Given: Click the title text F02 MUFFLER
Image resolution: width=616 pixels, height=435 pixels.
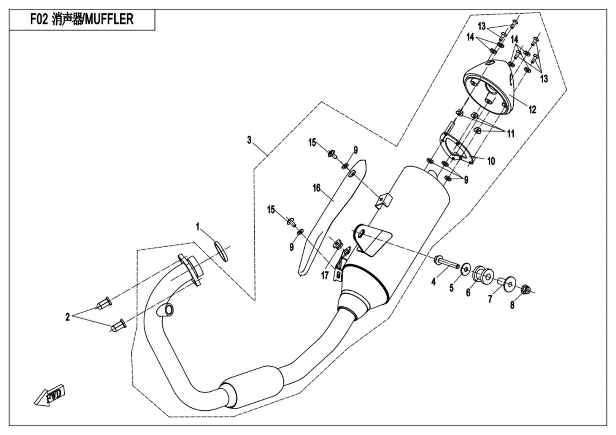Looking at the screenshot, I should click(82, 19).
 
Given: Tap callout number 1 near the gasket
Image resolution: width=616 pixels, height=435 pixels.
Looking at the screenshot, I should click(197, 227).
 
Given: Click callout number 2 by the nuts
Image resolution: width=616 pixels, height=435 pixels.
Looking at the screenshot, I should click(68, 317).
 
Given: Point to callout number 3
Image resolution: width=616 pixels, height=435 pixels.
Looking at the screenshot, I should click(249, 140).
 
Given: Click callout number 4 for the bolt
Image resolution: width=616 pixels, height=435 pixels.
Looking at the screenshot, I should click(433, 282).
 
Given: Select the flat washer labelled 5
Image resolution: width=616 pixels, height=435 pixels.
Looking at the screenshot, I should click(465, 270).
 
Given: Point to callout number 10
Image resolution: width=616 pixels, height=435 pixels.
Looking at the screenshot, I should click(491, 161).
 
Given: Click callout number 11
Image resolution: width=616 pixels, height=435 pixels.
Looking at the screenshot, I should click(510, 134).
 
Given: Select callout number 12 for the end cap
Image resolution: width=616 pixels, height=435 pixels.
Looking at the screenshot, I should click(532, 110).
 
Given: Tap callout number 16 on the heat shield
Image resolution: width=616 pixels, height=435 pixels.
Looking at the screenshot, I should click(316, 188).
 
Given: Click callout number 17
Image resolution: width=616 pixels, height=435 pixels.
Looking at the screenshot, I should click(324, 275).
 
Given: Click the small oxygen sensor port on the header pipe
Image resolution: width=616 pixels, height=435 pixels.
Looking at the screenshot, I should click(166, 310).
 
